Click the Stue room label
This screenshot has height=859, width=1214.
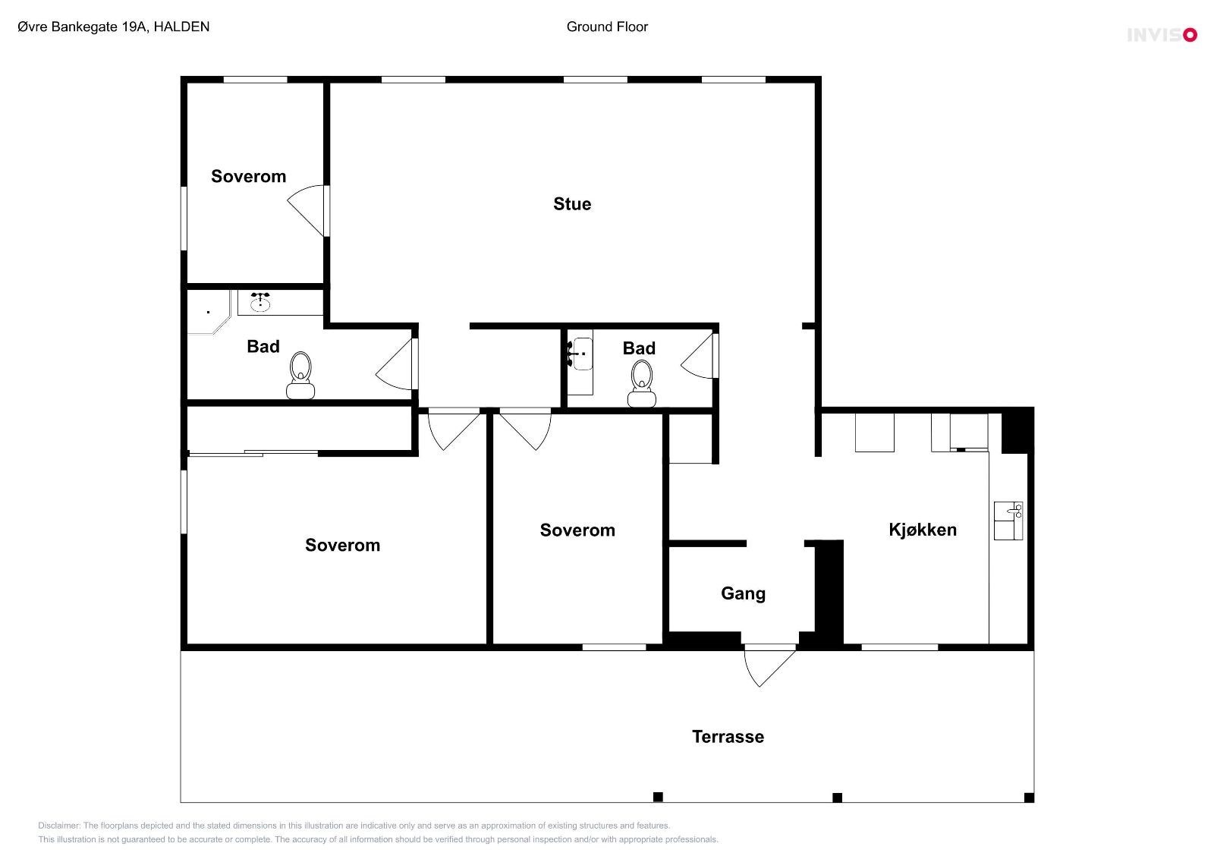[572, 204]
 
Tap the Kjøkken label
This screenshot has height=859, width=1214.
[923, 530]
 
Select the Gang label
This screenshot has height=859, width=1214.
[743, 593]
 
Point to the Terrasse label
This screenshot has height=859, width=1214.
[728, 737]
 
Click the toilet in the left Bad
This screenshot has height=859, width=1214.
[300, 375]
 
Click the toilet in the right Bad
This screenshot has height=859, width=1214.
[642, 383]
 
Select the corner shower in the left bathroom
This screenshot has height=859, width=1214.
[209, 312]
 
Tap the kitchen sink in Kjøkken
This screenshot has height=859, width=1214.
[1008, 521]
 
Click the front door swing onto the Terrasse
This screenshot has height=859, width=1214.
[769, 666]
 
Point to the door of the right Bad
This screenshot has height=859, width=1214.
[700, 356]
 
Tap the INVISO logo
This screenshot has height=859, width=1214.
[1162, 35]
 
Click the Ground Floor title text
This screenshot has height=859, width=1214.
[607, 27]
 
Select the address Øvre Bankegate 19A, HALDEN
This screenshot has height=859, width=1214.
[113, 27]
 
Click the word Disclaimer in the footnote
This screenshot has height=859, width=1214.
[59, 826]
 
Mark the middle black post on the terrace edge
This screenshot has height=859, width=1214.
[837, 798]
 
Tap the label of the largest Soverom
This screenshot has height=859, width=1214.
[342, 545]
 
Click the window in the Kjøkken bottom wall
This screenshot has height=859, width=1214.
[900, 647]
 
